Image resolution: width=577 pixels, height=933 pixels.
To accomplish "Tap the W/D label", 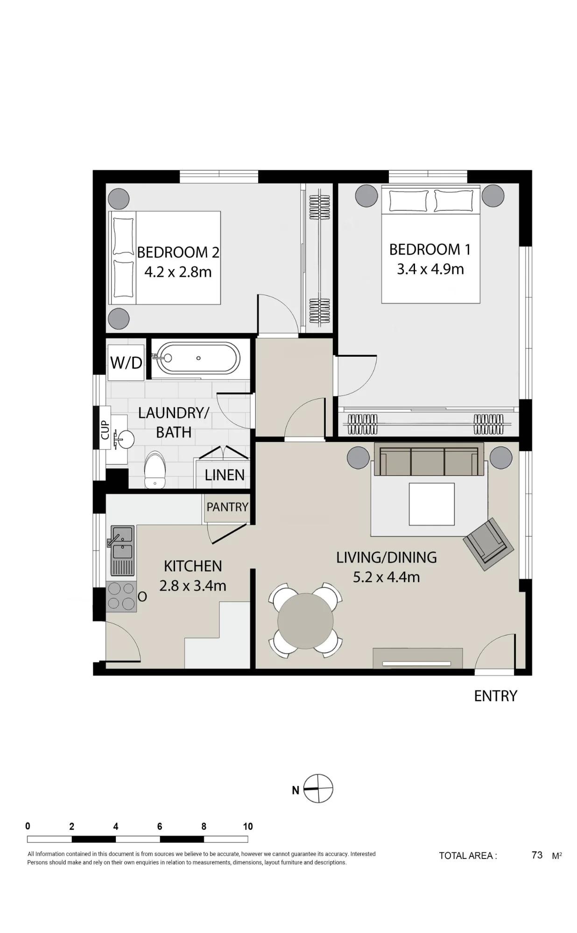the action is tap(126, 362).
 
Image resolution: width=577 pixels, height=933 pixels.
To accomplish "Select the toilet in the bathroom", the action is tap(155, 469).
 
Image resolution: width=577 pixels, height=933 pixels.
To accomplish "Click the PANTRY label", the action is tap(227, 507).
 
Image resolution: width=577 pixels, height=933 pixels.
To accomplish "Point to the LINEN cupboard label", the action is tap(225, 475).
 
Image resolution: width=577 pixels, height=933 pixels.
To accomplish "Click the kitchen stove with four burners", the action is tap(121, 597).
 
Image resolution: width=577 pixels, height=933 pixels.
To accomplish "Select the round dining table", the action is tap(305, 621).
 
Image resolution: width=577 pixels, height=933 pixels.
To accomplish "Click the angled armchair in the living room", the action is tap(488, 544).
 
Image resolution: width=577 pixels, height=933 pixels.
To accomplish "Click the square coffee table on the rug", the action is tap(432, 504).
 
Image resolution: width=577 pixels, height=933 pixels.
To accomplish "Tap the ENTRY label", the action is tap(495, 696).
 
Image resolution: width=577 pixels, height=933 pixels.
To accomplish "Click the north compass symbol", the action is tap(318, 789).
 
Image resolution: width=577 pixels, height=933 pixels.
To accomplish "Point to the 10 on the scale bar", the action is tap(248, 827).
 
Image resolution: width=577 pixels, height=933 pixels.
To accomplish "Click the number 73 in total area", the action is tap(537, 855).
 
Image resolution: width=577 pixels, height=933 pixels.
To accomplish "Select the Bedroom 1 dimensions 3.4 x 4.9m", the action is tap(430, 269).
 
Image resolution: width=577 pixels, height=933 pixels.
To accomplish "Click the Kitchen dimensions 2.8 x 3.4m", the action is tap(193, 585).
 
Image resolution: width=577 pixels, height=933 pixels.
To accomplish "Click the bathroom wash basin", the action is tap(123, 439).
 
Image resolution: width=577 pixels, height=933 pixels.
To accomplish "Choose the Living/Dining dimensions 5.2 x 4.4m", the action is tap(387, 577).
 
